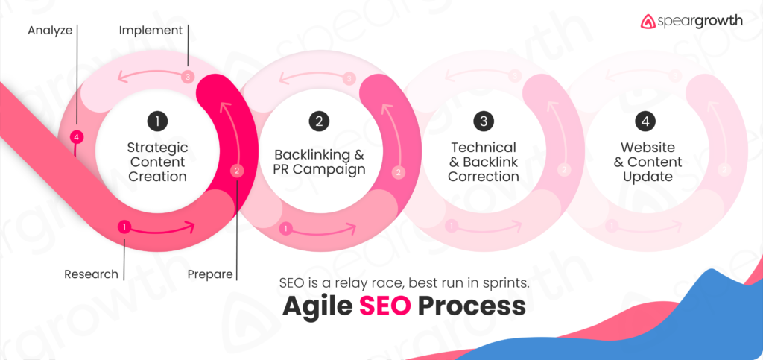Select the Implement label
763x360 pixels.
click(x=151, y=31)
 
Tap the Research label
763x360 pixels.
click(x=91, y=274)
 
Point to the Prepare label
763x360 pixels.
click(x=209, y=274)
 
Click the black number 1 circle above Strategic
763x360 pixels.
click(x=156, y=120)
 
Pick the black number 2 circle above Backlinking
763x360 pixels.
click(x=319, y=120)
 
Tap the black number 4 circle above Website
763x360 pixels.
click(x=644, y=120)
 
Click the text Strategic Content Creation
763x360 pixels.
click(x=156, y=162)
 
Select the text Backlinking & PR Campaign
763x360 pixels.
click(x=319, y=162)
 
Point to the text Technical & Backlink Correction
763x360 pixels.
click(x=484, y=162)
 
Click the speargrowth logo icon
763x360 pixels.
click(x=648, y=22)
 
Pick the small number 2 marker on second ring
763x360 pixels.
click(x=398, y=172)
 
